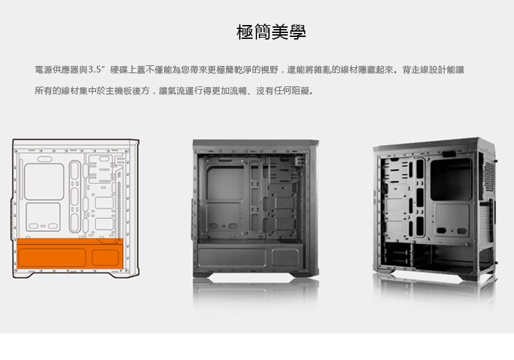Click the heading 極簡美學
[271, 32]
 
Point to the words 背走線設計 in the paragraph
[432, 69]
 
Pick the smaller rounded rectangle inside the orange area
[105, 257]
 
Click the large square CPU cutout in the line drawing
[44, 181]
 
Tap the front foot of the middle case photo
[210, 273]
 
